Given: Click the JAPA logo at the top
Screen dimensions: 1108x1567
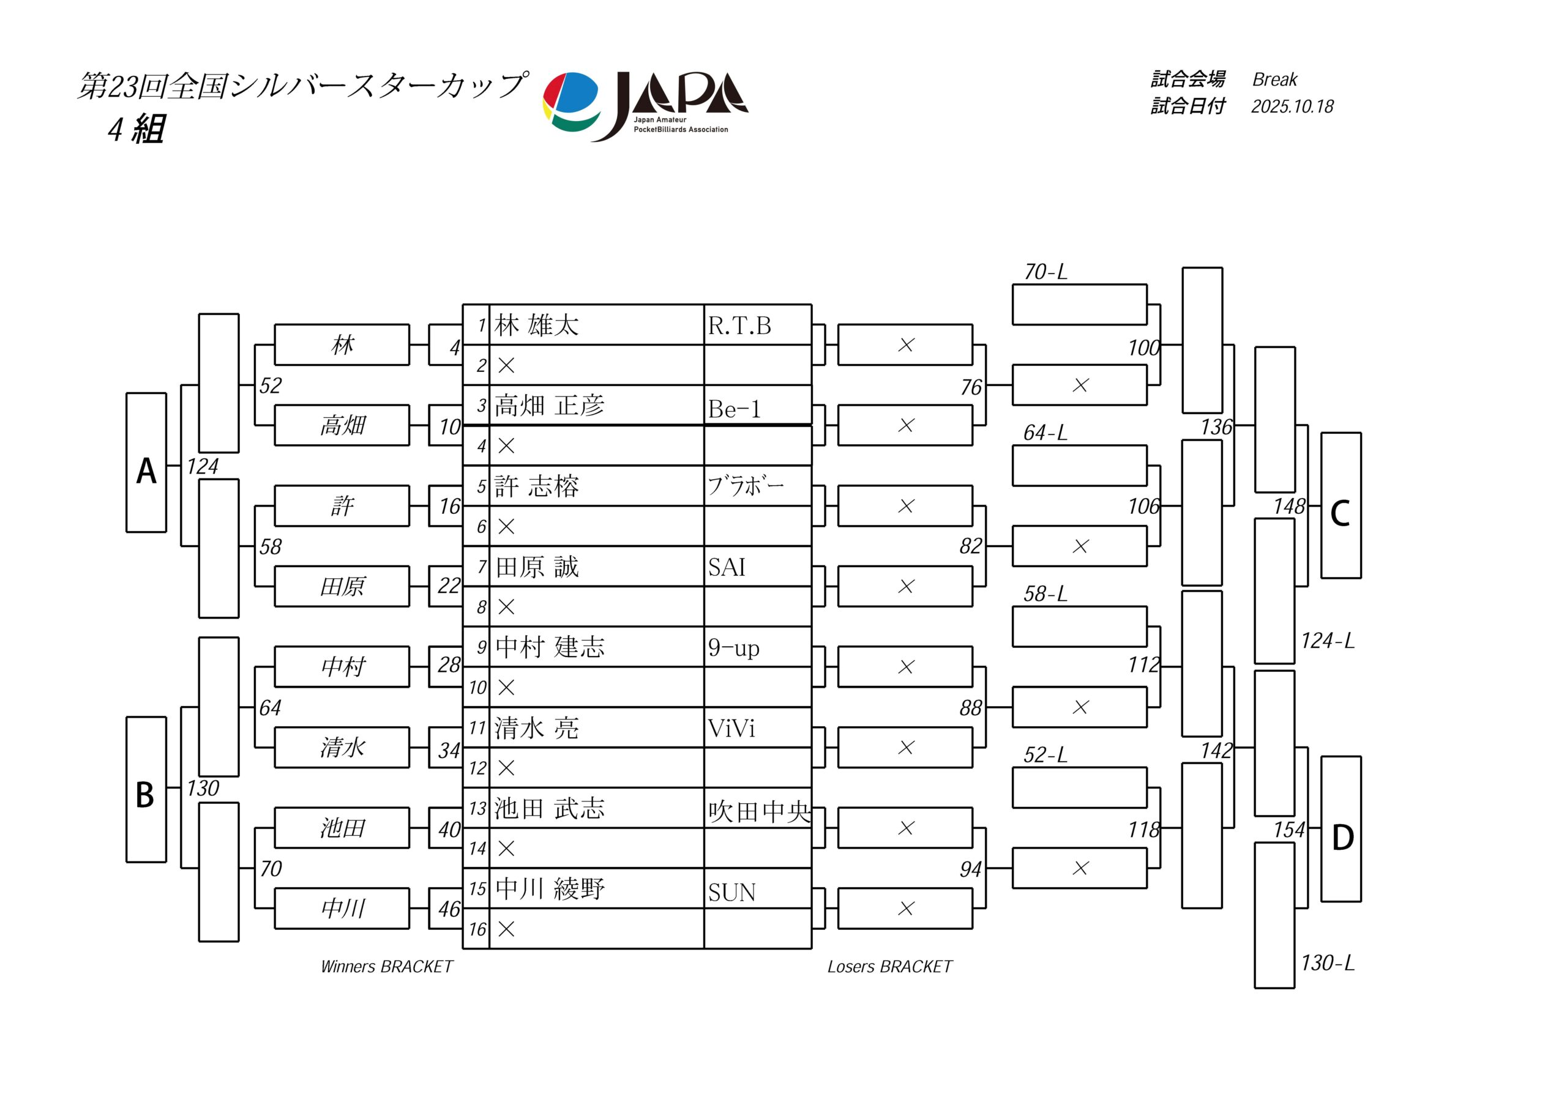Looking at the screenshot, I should tap(645, 106).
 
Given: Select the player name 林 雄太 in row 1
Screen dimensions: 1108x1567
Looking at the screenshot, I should tap(536, 325).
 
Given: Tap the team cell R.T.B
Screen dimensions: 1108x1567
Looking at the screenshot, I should tap(740, 326).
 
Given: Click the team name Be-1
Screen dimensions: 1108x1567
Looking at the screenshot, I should tap(735, 409).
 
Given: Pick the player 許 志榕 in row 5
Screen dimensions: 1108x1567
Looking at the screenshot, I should tap(536, 486).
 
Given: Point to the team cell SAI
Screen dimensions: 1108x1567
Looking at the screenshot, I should tap(727, 567).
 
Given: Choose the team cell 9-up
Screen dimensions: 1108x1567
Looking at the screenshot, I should tap(734, 647).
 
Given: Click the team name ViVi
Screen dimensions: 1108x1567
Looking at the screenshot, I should tap(731, 728).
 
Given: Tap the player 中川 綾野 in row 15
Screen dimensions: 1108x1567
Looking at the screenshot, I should tap(550, 888).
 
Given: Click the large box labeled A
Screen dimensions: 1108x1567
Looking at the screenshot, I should tap(146, 463).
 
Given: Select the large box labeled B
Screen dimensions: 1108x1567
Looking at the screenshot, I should tap(146, 789).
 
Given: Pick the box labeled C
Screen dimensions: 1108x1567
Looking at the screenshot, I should tap(1341, 505).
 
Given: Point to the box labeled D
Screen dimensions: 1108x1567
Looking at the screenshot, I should tap(1341, 829).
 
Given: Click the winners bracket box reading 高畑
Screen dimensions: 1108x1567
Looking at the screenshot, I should tap(342, 426).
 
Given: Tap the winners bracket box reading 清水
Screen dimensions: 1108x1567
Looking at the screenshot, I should tap(342, 748).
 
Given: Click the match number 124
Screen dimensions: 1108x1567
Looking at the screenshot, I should tap(203, 467).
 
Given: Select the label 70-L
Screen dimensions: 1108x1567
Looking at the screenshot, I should tap(1045, 272).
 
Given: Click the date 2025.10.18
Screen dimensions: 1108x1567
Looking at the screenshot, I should tap(1292, 106).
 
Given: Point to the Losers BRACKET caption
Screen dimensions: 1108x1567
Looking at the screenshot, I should tap(889, 967).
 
